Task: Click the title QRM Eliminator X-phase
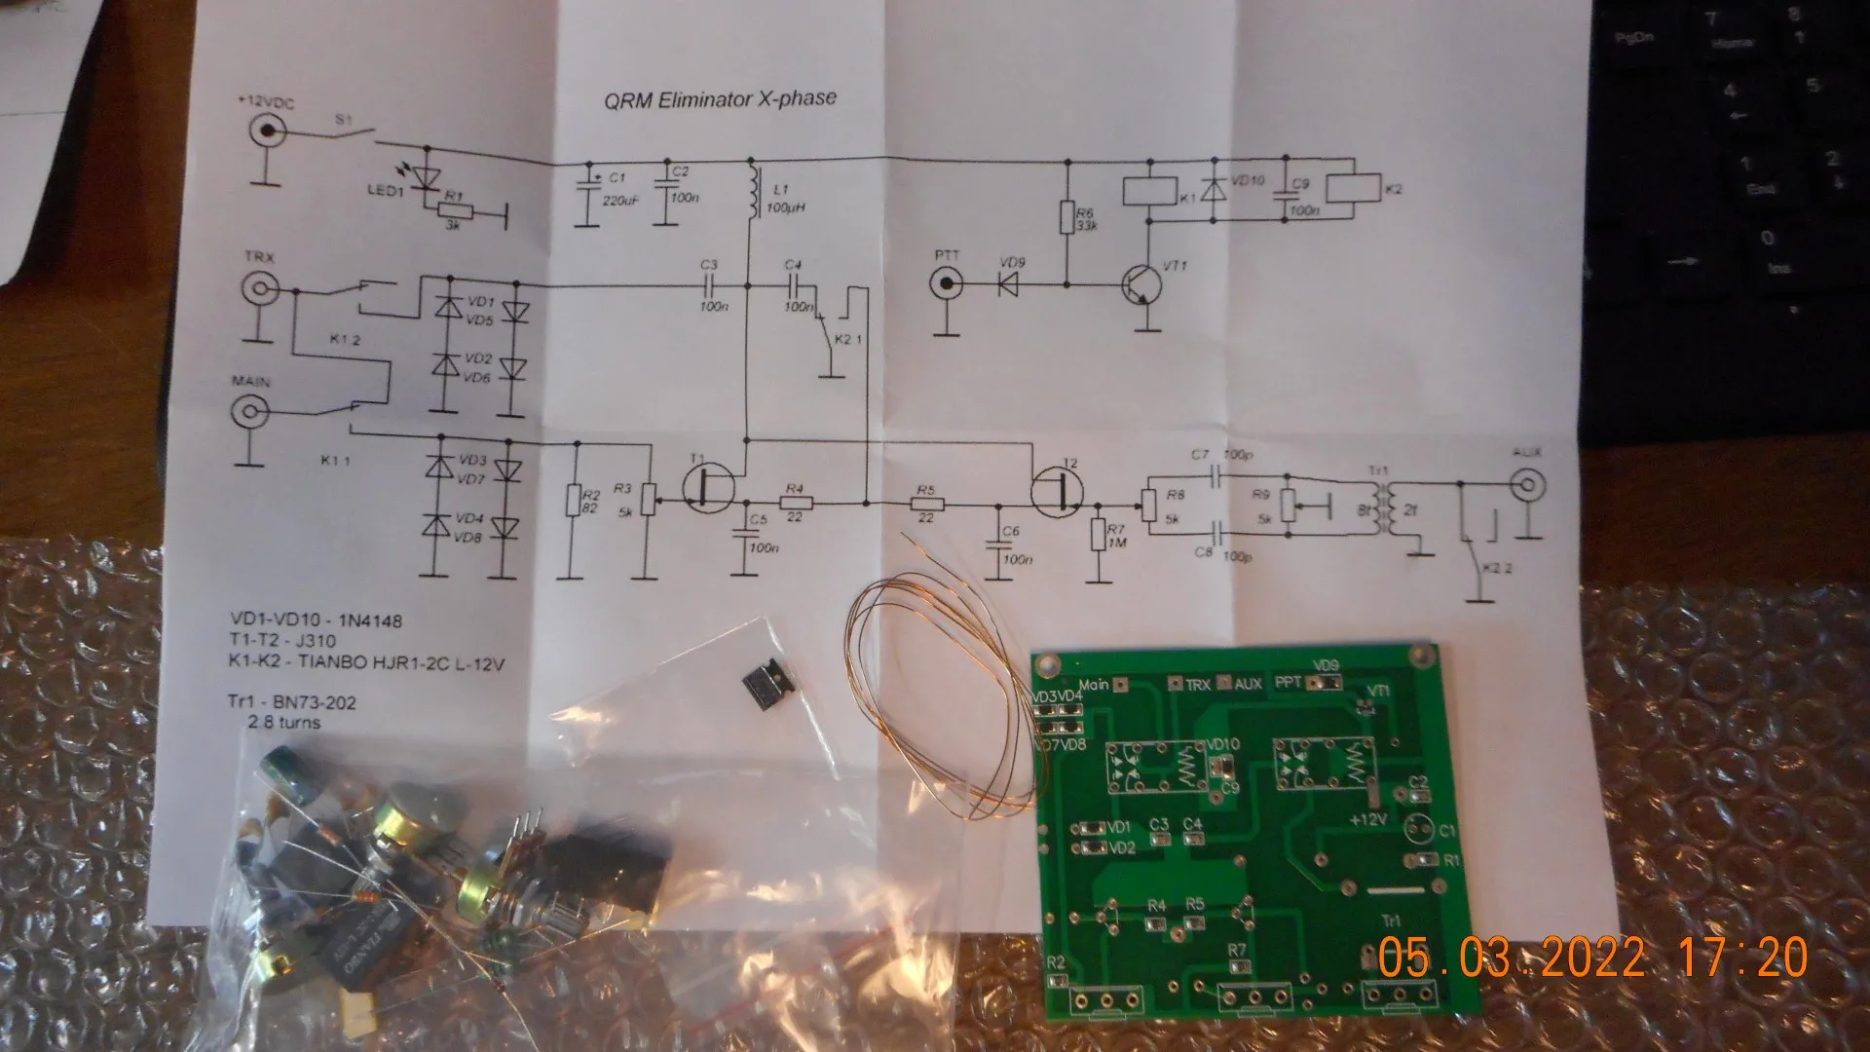point(720,99)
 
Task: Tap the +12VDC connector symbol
point(265,131)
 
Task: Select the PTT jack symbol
point(946,284)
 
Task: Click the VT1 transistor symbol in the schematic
point(1145,286)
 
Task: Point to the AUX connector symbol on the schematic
point(1527,483)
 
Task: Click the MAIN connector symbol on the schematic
point(249,411)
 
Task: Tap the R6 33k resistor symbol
point(1067,218)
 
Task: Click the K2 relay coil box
point(1353,189)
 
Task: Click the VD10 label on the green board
point(1222,745)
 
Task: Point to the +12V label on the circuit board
point(1367,819)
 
